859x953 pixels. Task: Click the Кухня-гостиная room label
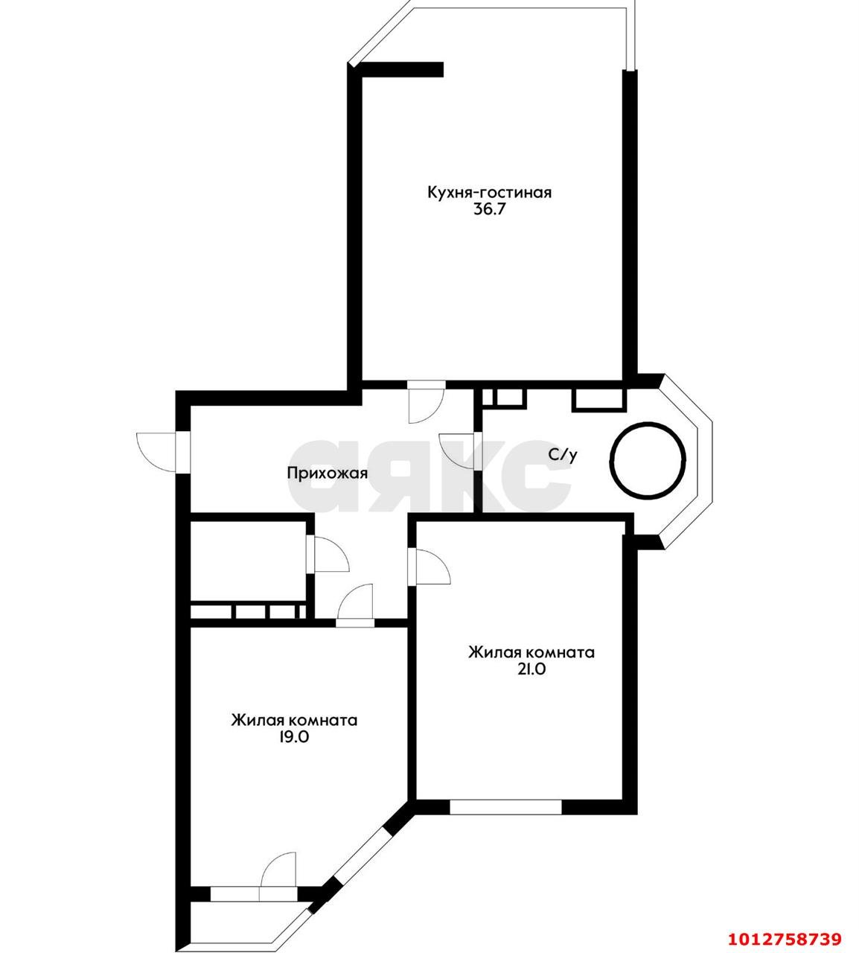(x=489, y=192)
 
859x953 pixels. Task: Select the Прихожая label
(x=328, y=473)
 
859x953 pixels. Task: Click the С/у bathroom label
(x=562, y=455)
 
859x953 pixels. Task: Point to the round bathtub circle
(x=648, y=459)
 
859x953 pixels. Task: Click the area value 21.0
(x=531, y=669)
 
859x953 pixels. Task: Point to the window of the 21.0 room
(x=505, y=807)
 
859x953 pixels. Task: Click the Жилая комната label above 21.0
(x=531, y=652)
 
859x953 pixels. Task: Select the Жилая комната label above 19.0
(x=294, y=721)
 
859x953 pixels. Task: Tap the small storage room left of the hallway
(x=247, y=558)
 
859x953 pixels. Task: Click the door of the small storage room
(x=327, y=554)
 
